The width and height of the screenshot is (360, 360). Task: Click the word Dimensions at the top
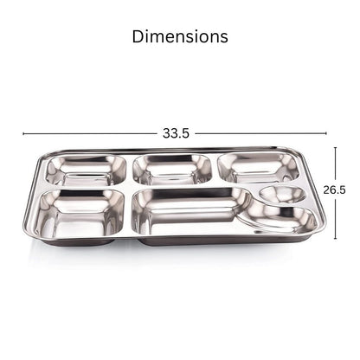pyautogui.click(x=180, y=36)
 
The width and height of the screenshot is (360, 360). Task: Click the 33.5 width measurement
pyautogui.click(x=176, y=133)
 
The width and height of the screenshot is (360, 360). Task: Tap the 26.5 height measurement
pyautogui.click(x=334, y=190)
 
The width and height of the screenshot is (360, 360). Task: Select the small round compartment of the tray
pyautogui.click(x=283, y=194)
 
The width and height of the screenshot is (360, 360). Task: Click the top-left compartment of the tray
pyautogui.click(x=87, y=170)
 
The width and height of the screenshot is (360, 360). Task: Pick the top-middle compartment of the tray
pyautogui.click(x=172, y=170)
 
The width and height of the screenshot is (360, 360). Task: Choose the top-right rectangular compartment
pyautogui.click(x=258, y=168)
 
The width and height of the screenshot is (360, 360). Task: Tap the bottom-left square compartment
pyautogui.click(x=80, y=214)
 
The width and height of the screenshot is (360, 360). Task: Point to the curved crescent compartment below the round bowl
pyautogui.click(x=286, y=217)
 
